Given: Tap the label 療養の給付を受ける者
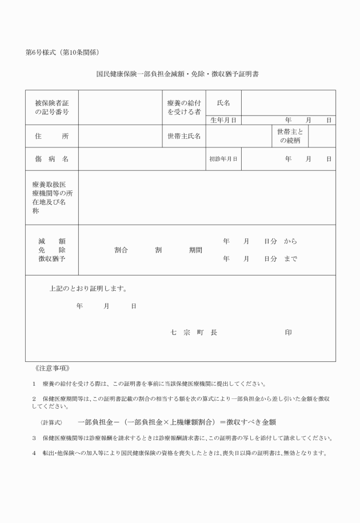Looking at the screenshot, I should tap(183, 107).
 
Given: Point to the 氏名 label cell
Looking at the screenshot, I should tap(223, 103).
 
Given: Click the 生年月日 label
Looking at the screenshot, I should tap(223, 120).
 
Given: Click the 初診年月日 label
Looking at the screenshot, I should tap(223, 159).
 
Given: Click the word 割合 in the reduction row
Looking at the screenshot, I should tap(121, 250).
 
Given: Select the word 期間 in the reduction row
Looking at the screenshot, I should tap(195, 250).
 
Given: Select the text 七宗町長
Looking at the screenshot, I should tap(194, 333).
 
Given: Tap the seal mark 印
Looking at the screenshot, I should tap(289, 333).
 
